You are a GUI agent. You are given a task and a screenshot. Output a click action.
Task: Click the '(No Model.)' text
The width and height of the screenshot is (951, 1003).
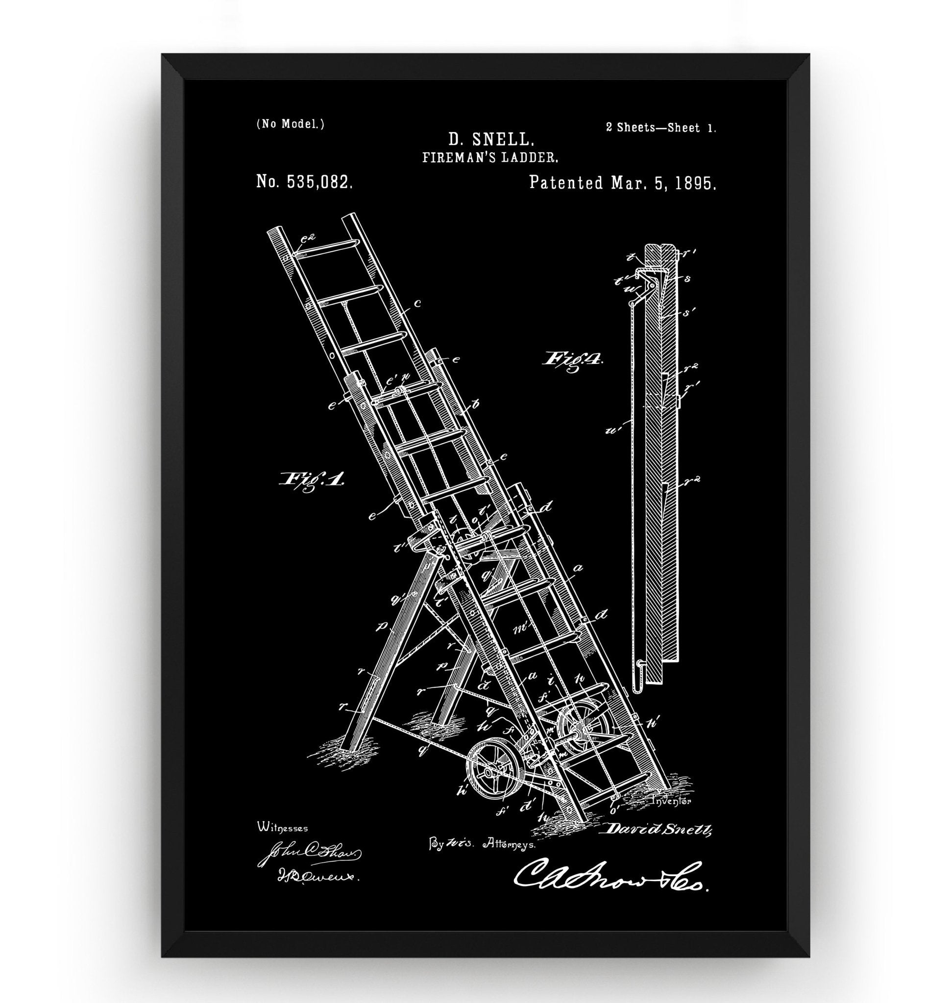click(291, 124)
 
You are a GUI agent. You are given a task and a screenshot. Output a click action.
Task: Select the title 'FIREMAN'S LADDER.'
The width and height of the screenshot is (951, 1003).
click(490, 158)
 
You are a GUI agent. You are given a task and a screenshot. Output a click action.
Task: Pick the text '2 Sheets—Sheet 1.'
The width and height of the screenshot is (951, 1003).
click(661, 128)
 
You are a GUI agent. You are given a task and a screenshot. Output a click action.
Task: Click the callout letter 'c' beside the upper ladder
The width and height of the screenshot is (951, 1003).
click(416, 304)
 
